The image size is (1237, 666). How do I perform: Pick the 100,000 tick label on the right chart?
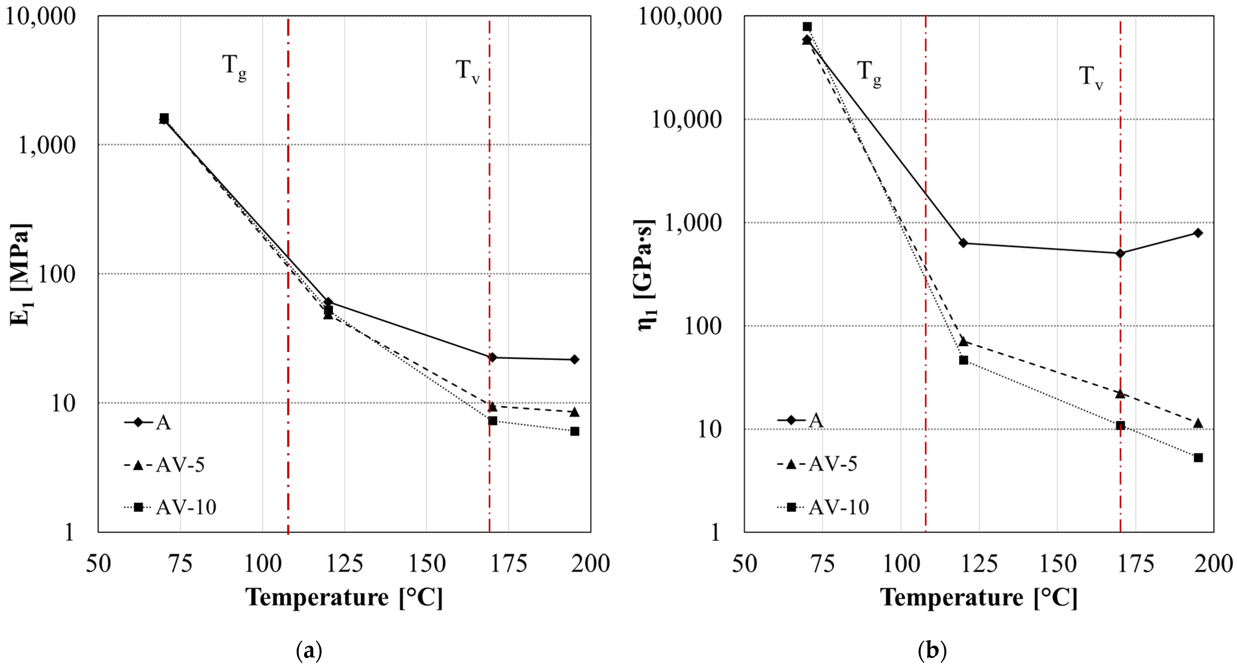click(680, 16)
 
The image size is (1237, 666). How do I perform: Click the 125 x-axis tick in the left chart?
click(344, 564)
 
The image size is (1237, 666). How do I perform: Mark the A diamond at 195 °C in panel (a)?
click(574, 359)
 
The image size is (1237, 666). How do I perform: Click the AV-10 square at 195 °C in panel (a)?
click(574, 431)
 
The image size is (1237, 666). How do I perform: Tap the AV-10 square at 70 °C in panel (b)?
click(807, 26)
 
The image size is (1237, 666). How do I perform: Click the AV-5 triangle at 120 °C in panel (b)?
click(963, 342)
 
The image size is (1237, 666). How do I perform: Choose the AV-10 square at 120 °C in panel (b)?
click(963, 360)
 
